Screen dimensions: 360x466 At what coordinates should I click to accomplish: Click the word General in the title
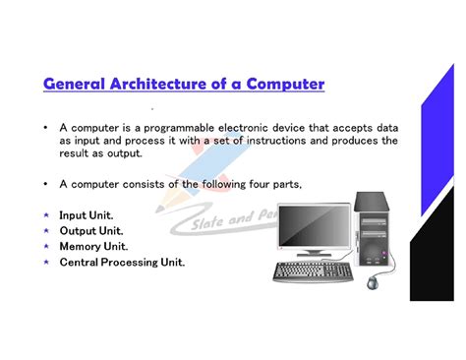click(78, 85)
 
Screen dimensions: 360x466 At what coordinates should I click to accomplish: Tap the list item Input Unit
click(87, 215)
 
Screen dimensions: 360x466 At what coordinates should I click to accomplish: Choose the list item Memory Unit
click(93, 247)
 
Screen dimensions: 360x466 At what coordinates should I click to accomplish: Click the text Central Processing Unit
click(122, 263)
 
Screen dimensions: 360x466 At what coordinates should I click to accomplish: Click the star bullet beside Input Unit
click(46, 215)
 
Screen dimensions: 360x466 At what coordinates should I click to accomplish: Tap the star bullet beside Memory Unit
click(46, 247)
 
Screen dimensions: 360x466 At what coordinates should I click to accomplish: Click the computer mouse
click(374, 282)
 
